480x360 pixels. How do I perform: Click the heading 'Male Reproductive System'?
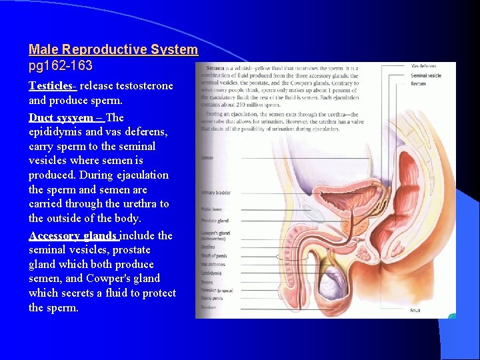[113, 50]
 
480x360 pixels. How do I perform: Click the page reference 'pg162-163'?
[61, 66]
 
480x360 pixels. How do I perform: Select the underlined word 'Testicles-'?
[53, 86]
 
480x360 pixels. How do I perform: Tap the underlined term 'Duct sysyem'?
[60, 118]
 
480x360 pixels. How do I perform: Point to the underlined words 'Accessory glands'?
[73, 236]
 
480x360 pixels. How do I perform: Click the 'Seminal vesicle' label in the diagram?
[426, 75]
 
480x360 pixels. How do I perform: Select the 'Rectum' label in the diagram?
[418, 83]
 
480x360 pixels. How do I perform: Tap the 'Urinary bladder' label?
[216, 193]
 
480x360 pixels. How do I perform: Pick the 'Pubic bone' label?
[211, 209]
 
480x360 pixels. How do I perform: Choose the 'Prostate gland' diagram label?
[215, 221]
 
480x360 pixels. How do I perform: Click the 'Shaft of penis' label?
[214, 255]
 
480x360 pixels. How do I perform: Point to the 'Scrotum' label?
[209, 307]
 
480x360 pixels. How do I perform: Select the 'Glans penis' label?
[213, 298]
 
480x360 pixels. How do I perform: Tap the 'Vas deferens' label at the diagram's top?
[423, 66]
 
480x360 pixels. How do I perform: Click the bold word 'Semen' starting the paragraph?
[215, 68]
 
